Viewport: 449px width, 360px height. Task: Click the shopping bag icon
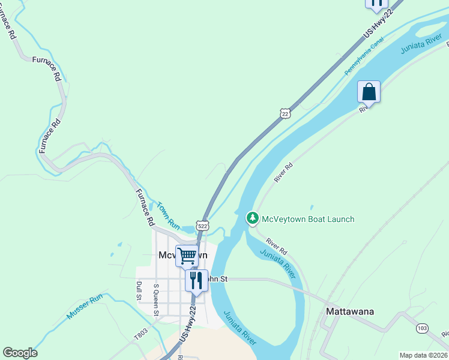click(369, 92)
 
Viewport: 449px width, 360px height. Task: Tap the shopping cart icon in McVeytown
click(187, 256)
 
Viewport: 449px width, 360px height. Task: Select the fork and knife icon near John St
click(196, 280)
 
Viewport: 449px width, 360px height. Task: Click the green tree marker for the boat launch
click(253, 218)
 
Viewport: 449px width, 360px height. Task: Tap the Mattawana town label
click(350, 311)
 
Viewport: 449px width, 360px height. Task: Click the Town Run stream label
click(168, 215)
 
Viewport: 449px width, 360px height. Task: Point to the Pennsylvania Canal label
click(363, 56)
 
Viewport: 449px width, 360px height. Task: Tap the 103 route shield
click(422, 328)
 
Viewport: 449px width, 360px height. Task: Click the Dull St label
click(139, 290)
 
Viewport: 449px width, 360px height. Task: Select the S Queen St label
click(156, 299)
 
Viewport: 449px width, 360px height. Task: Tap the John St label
click(217, 278)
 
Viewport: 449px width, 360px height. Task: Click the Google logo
click(20, 353)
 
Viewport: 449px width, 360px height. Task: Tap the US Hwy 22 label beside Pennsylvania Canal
click(376, 27)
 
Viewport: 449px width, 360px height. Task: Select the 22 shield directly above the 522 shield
click(285, 113)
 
